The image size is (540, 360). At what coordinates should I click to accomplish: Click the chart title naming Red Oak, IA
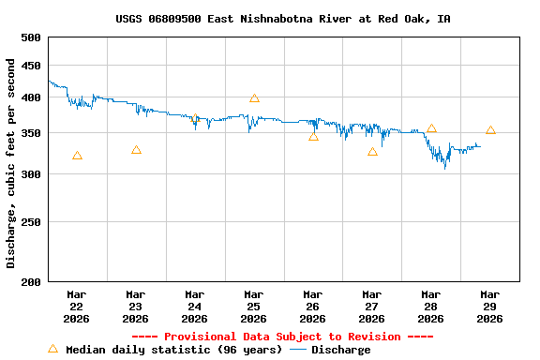click(x=282, y=19)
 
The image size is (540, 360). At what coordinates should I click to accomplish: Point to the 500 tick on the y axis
click(x=31, y=37)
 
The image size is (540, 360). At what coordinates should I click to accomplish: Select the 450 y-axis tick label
click(x=31, y=66)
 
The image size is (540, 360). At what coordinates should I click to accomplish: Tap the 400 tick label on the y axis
click(x=31, y=97)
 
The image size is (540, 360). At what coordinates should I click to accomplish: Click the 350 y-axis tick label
click(x=31, y=133)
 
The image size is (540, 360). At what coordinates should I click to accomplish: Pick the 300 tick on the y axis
click(x=31, y=174)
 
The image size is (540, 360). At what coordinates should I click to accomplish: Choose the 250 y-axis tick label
click(x=31, y=223)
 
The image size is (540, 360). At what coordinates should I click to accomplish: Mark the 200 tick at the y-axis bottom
click(x=31, y=281)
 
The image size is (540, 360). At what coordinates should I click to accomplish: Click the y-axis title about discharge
click(x=11, y=163)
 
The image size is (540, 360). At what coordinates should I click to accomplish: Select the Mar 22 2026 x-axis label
click(x=77, y=307)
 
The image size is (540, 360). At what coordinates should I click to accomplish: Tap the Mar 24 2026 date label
click(x=195, y=307)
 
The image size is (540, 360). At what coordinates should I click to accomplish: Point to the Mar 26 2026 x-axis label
click(x=313, y=307)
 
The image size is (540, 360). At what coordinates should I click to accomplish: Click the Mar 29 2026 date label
click(x=490, y=307)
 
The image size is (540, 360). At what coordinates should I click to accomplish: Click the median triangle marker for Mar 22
click(x=77, y=156)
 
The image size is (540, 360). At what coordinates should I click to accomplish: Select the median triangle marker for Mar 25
click(x=254, y=98)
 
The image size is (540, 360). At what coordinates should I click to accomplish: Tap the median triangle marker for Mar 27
click(x=372, y=151)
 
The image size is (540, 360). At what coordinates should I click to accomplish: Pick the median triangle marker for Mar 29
click(x=490, y=130)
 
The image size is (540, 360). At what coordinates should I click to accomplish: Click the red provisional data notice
click(x=282, y=337)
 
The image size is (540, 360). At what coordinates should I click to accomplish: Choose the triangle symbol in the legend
click(x=53, y=349)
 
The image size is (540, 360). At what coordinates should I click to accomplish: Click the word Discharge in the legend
click(x=340, y=350)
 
